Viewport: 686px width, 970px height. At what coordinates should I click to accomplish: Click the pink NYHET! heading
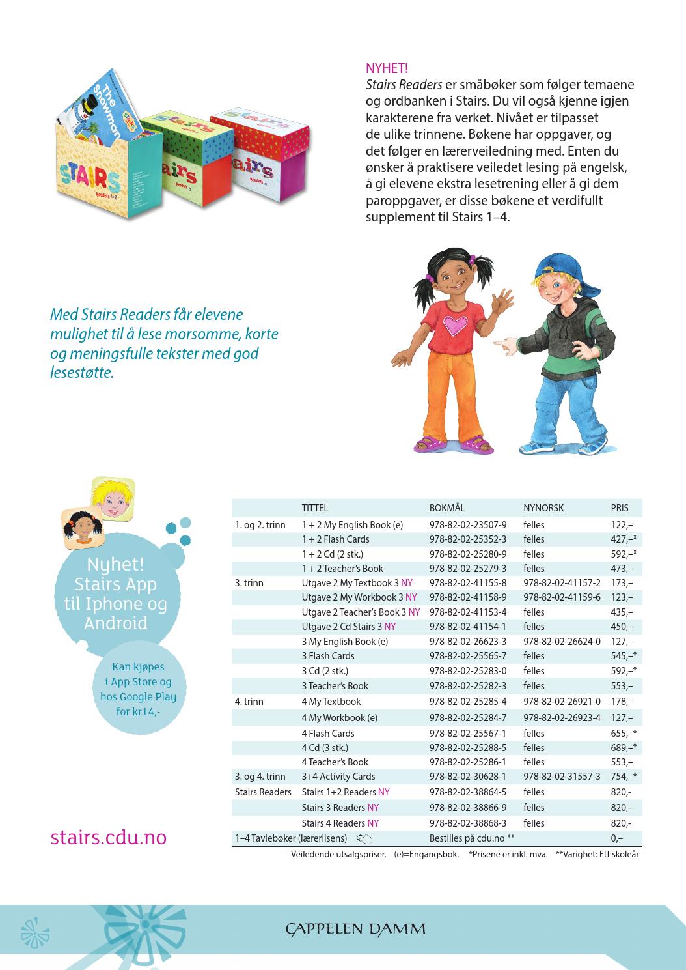tap(387, 68)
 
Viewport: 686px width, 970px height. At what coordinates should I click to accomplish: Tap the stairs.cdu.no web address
tap(108, 836)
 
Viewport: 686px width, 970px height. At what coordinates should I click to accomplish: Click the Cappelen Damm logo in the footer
tap(355, 928)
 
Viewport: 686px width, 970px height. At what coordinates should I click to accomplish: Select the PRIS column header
tap(620, 508)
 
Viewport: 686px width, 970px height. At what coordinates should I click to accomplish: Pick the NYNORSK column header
tap(543, 508)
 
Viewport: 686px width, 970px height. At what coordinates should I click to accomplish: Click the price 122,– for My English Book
tap(622, 525)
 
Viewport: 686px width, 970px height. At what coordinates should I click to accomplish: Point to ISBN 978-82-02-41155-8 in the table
tap(467, 583)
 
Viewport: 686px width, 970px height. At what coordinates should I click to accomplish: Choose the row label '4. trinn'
tap(249, 702)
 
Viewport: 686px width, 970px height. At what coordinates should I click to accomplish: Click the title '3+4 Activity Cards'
tap(338, 777)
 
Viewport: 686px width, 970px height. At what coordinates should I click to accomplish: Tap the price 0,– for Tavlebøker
tap(616, 838)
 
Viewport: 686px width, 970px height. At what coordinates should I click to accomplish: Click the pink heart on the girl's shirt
tap(456, 324)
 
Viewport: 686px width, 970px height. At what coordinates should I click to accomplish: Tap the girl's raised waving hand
tap(503, 305)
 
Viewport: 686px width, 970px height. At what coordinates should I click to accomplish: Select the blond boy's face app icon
tap(113, 498)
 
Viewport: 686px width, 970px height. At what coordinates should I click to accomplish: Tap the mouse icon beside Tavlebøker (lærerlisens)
tap(364, 839)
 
